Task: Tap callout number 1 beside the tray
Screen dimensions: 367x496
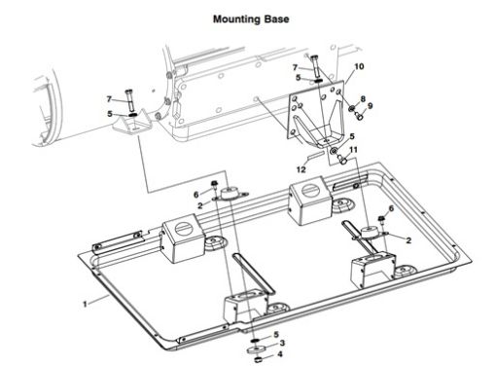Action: pyautogui.click(x=86, y=304)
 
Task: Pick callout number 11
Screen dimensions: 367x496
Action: pyautogui.click(x=354, y=150)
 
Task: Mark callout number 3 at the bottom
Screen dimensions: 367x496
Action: pyautogui.click(x=280, y=343)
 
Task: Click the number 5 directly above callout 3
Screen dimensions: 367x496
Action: pyautogui.click(x=275, y=333)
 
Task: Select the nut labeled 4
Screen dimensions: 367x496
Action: pyautogui.click(x=256, y=357)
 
